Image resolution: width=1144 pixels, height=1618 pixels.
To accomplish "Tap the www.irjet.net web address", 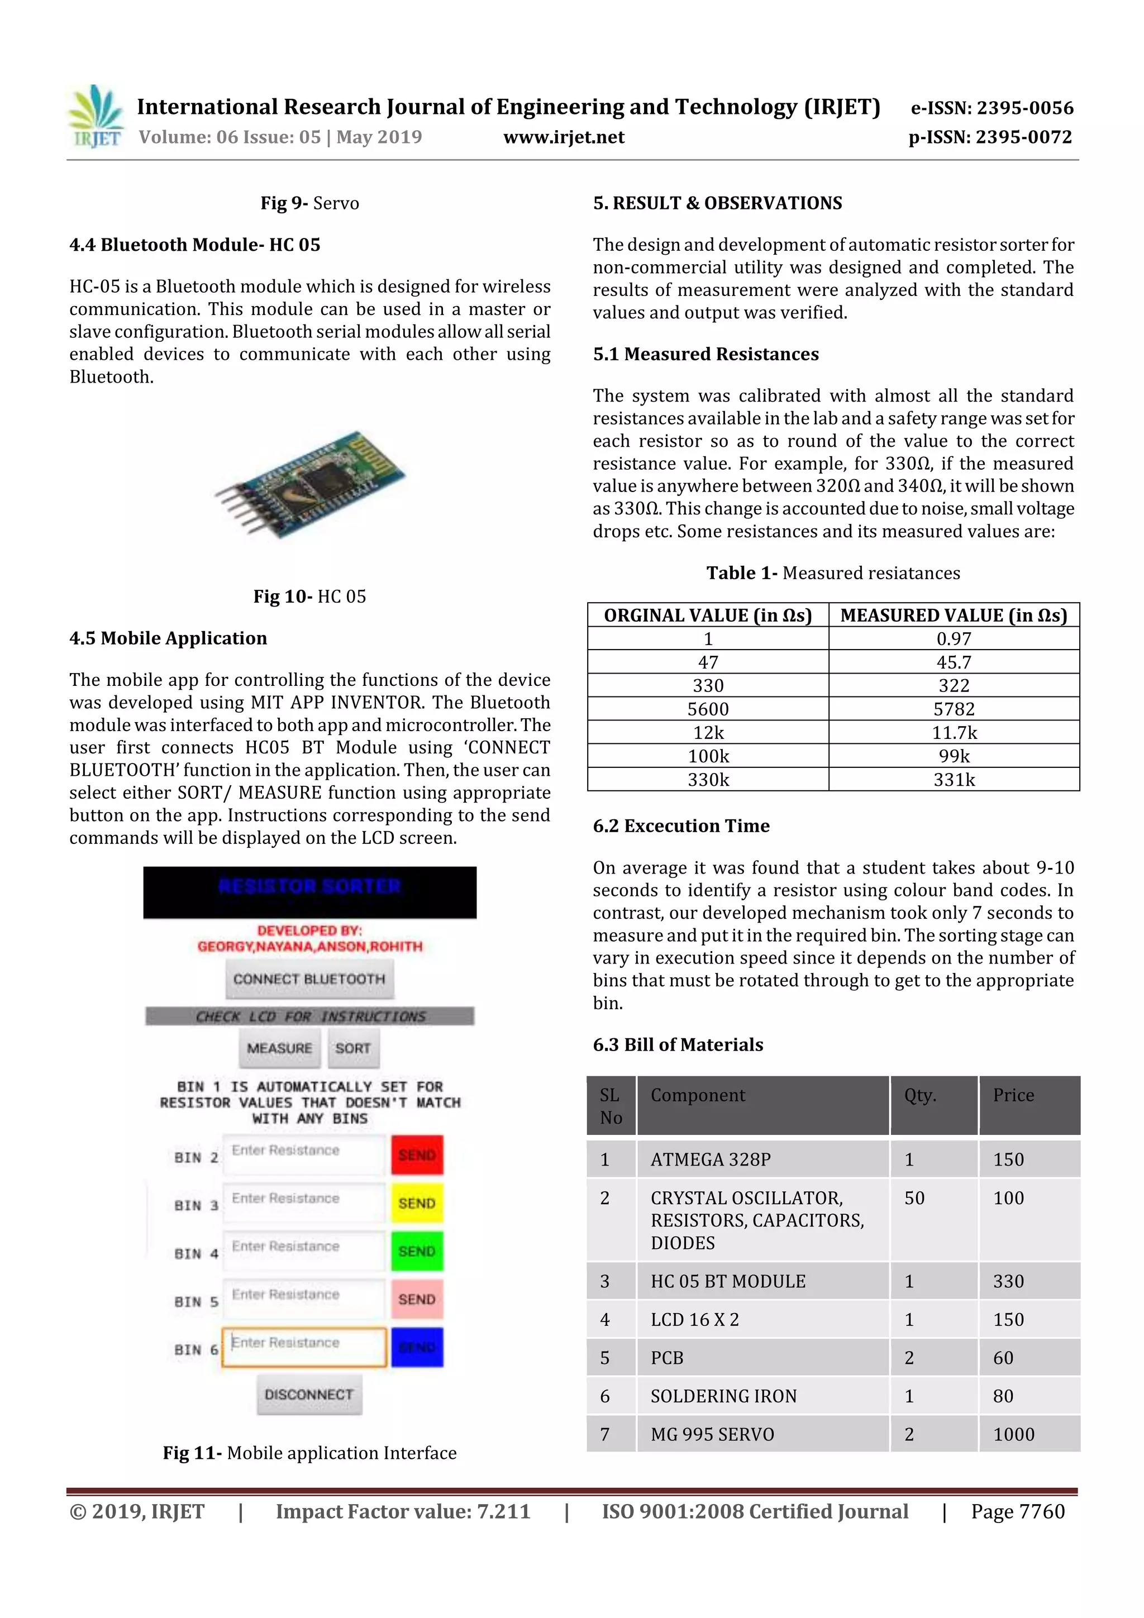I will pyautogui.click(x=563, y=137).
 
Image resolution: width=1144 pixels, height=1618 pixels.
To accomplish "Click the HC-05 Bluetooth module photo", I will pyautogui.click(x=310, y=485).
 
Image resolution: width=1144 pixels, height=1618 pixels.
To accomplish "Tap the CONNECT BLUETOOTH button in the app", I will pyautogui.click(x=309, y=979).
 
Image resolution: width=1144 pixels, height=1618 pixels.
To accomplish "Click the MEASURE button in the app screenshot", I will pyautogui.click(x=279, y=1048).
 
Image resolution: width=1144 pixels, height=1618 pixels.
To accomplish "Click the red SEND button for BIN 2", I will pyautogui.click(x=417, y=1154).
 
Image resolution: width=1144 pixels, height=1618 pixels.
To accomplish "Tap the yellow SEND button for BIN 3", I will pyautogui.click(x=417, y=1203).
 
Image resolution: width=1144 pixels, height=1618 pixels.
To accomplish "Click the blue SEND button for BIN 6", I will pyautogui.click(x=417, y=1347).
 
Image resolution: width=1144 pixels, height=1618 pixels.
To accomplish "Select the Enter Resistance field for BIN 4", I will pyautogui.click(x=304, y=1251).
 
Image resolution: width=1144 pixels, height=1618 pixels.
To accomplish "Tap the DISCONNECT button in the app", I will pyautogui.click(x=309, y=1394).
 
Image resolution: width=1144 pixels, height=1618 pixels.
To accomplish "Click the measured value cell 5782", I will pyautogui.click(x=954, y=709).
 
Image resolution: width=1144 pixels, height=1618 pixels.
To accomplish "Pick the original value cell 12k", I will pyautogui.click(x=708, y=732).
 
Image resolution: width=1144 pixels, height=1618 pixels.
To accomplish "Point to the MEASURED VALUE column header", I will pyautogui.click(x=954, y=615).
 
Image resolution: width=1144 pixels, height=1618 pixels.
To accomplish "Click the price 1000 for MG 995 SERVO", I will pyautogui.click(x=1014, y=1434).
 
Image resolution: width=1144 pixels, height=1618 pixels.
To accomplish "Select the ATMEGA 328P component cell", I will pyautogui.click(x=711, y=1159).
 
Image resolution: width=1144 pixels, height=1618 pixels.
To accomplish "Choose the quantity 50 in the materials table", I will pyautogui.click(x=914, y=1198).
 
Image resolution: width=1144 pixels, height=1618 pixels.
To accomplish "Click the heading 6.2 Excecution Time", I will pyautogui.click(x=681, y=825).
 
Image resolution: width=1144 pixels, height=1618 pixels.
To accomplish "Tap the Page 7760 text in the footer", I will pyautogui.click(x=1017, y=1511).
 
